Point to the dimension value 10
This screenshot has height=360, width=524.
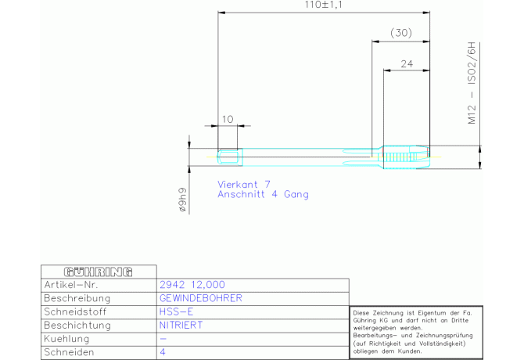click(x=228, y=119)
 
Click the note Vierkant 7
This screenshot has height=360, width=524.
click(x=243, y=183)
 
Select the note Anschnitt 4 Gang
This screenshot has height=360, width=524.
click(x=263, y=194)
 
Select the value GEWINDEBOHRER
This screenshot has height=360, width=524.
click(x=201, y=298)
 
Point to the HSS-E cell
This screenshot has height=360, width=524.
click(x=175, y=311)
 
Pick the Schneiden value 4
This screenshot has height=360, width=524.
click(x=163, y=352)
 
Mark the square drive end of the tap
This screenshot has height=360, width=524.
click(x=228, y=157)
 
